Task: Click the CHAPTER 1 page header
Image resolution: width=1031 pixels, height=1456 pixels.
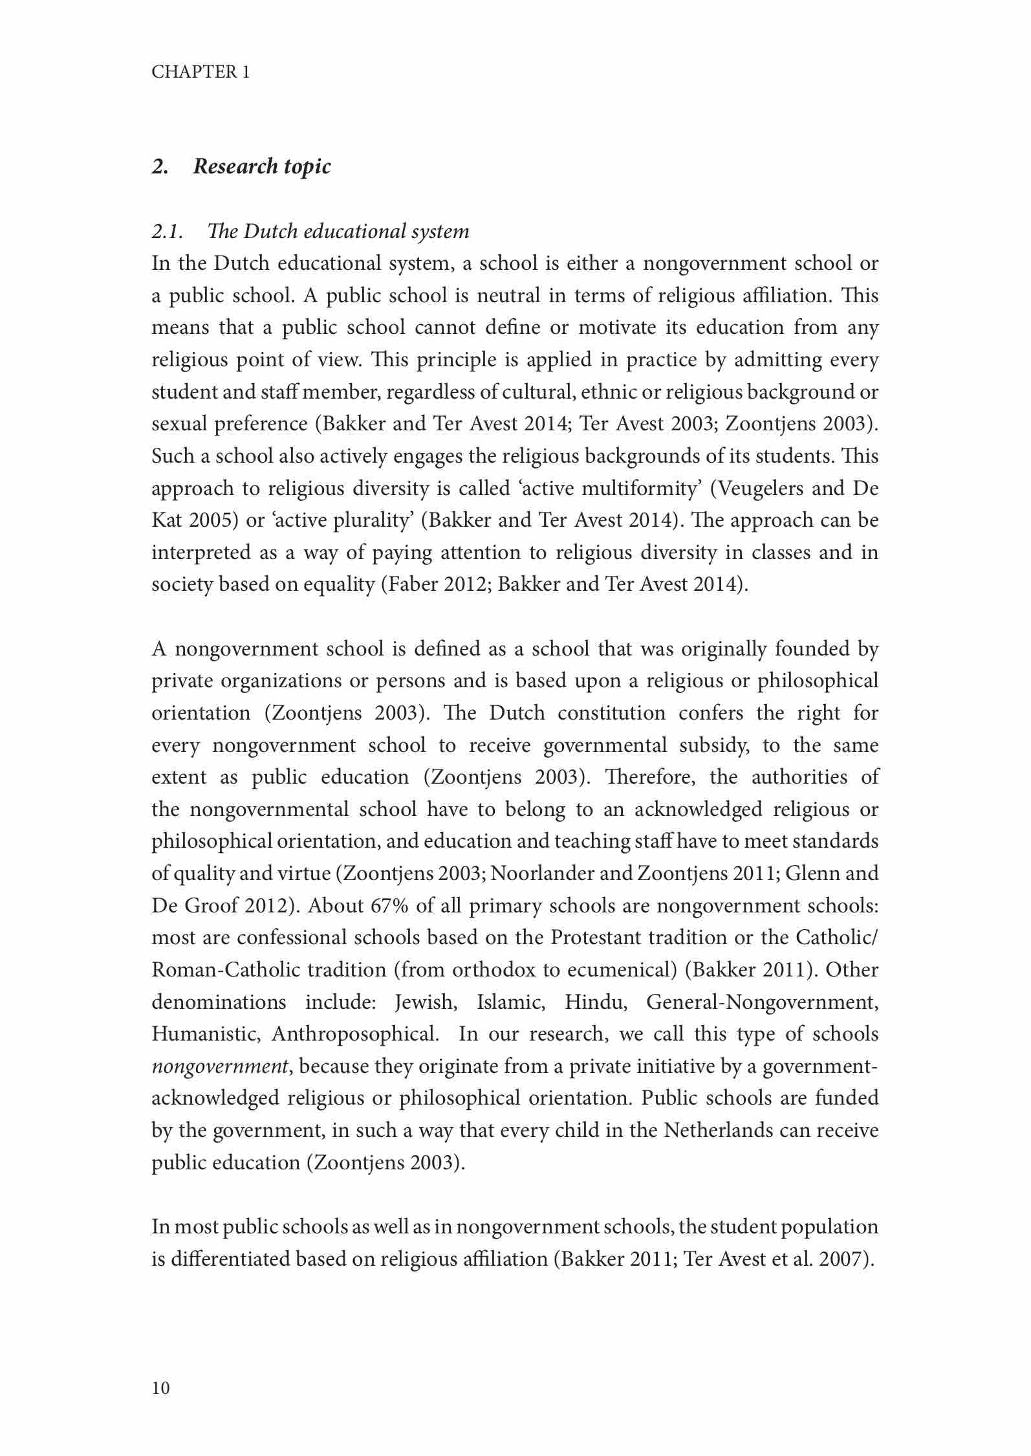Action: pyautogui.click(x=201, y=72)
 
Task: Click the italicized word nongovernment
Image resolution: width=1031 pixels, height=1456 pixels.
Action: pyautogui.click(x=219, y=1066)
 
